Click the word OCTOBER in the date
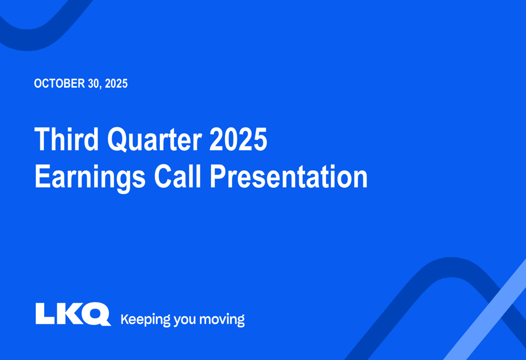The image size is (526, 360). (x=59, y=84)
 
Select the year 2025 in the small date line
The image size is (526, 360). (x=116, y=84)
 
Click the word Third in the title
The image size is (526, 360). (x=66, y=139)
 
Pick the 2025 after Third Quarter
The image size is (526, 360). (x=238, y=139)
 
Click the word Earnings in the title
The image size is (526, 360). (x=90, y=177)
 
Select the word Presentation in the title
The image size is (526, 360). (x=288, y=176)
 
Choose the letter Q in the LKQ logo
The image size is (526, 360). (x=96, y=314)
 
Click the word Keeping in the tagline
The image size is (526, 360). (x=146, y=320)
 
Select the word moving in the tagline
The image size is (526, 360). (x=222, y=320)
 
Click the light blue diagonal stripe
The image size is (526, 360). (x=484, y=310)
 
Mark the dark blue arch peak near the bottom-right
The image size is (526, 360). (x=451, y=267)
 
